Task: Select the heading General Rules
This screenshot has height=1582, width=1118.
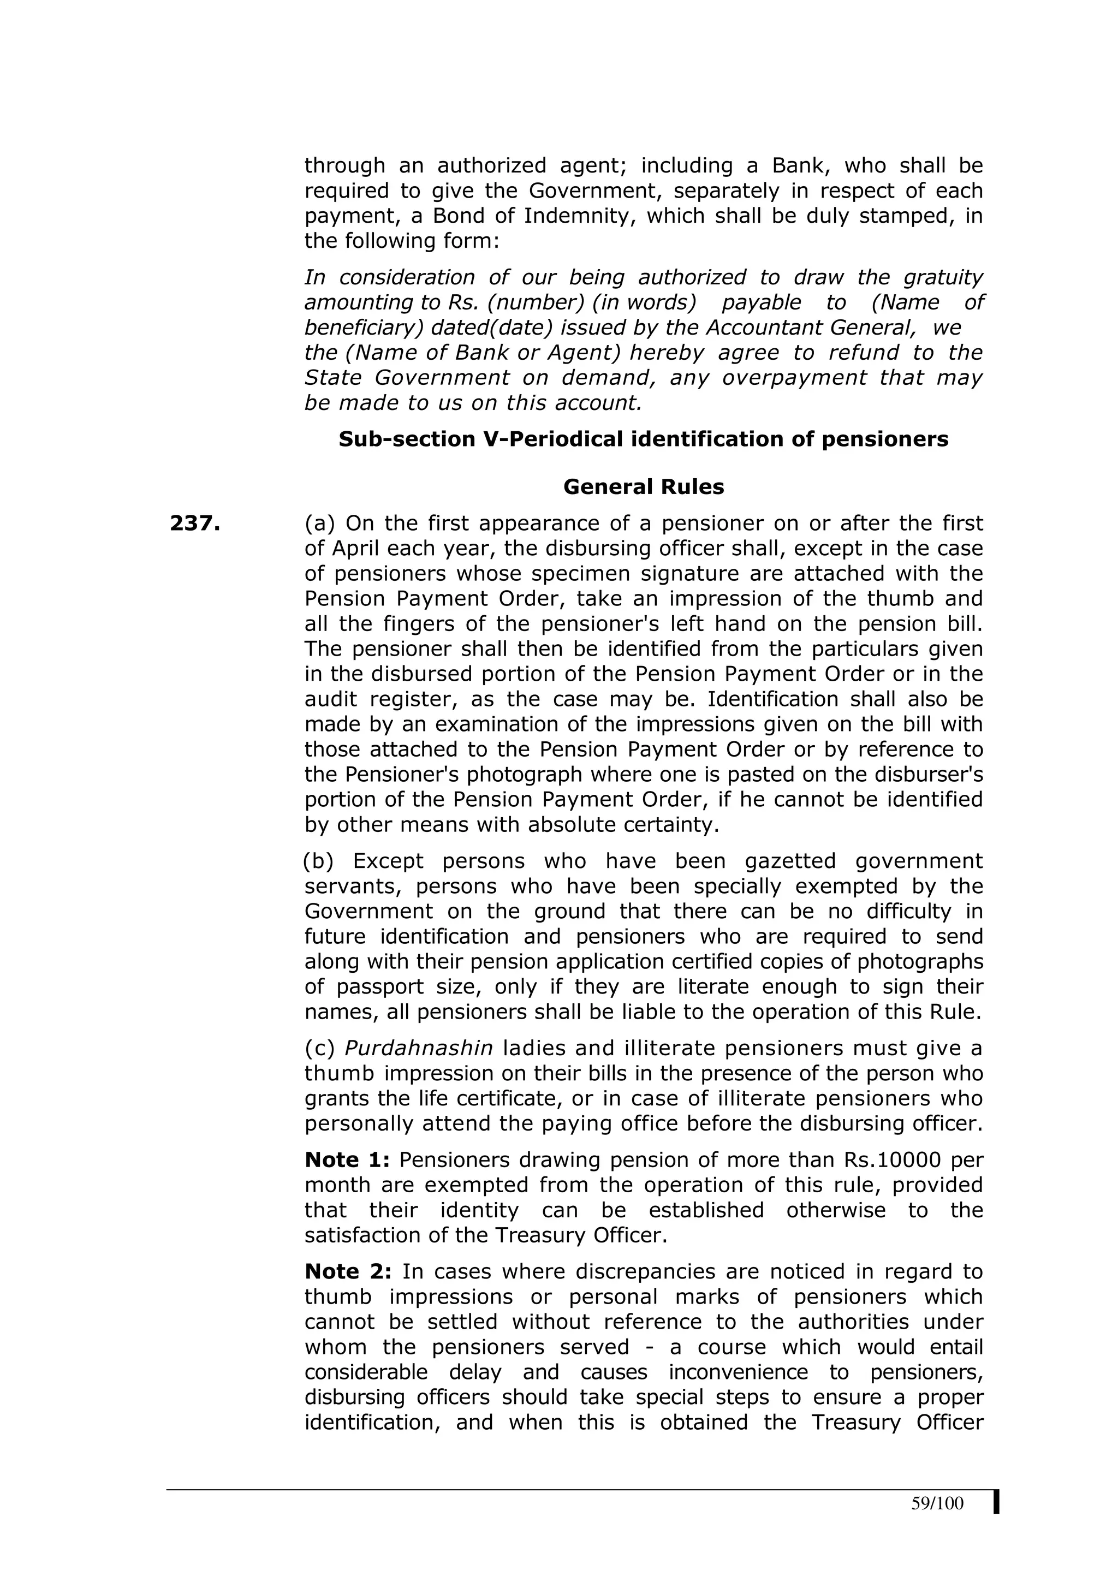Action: [x=644, y=487]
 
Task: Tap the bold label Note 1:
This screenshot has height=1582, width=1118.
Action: [x=347, y=1161]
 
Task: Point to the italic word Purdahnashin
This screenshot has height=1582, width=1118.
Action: [x=419, y=1049]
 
